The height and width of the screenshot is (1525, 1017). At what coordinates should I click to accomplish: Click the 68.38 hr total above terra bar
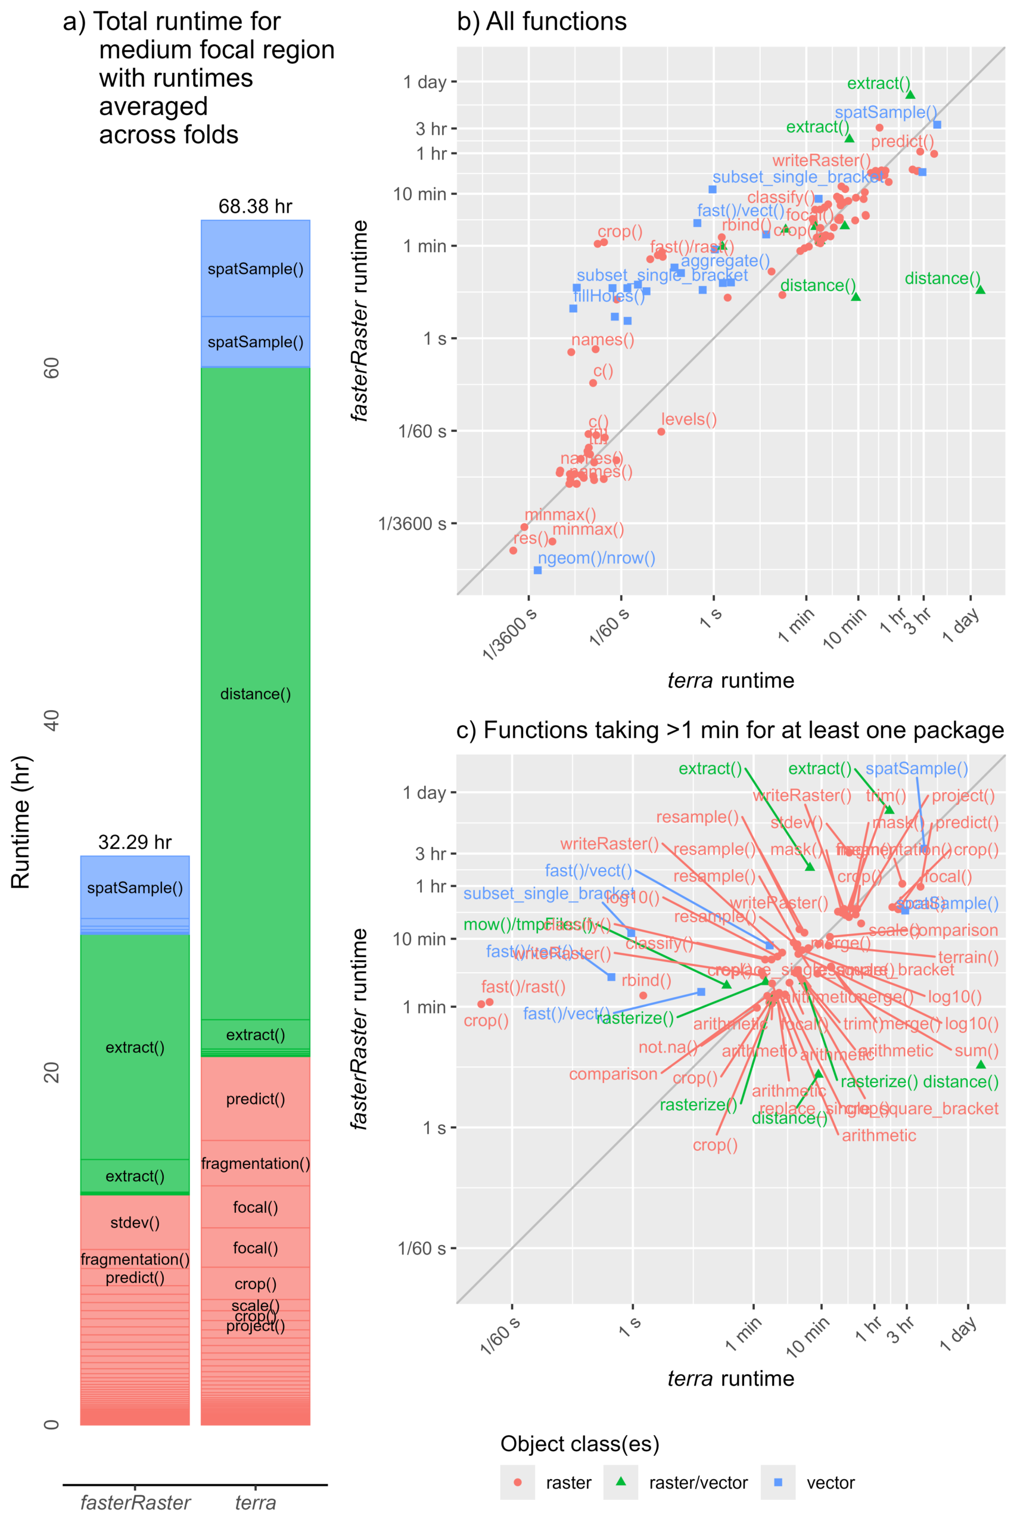[x=255, y=206]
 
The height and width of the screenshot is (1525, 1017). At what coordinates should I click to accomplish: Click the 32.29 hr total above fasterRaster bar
[x=134, y=842]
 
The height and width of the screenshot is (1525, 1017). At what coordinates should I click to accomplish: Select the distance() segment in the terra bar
[x=255, y=694]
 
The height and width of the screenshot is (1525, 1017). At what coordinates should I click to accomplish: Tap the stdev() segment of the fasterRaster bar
[x=134, y=1222]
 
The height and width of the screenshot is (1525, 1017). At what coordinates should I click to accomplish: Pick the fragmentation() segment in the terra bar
[x=255, y=1163]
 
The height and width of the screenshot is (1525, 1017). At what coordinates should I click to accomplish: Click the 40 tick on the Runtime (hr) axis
[x=52, y=720]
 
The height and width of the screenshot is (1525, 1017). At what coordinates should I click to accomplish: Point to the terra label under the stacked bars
[x=255, y=1502]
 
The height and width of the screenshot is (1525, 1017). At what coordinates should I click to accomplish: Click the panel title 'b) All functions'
[x=542, y=22]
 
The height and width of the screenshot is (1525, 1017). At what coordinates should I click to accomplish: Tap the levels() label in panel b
[x=689, y=419]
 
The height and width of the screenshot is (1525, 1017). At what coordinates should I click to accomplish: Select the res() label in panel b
[x=531, y=538]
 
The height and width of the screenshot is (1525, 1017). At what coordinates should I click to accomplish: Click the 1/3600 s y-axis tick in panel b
[x=412, y=523]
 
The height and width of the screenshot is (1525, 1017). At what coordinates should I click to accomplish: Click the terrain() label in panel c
[x=968, y=957]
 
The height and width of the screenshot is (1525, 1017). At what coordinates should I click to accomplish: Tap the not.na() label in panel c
[x=667, y=1047]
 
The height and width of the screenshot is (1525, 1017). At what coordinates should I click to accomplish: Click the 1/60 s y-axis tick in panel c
[x=421, y=1248]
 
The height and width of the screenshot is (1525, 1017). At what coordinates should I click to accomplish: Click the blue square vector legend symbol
[x=778, y=1482]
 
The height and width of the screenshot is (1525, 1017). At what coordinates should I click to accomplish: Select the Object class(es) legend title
[x=579, y=1444]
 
